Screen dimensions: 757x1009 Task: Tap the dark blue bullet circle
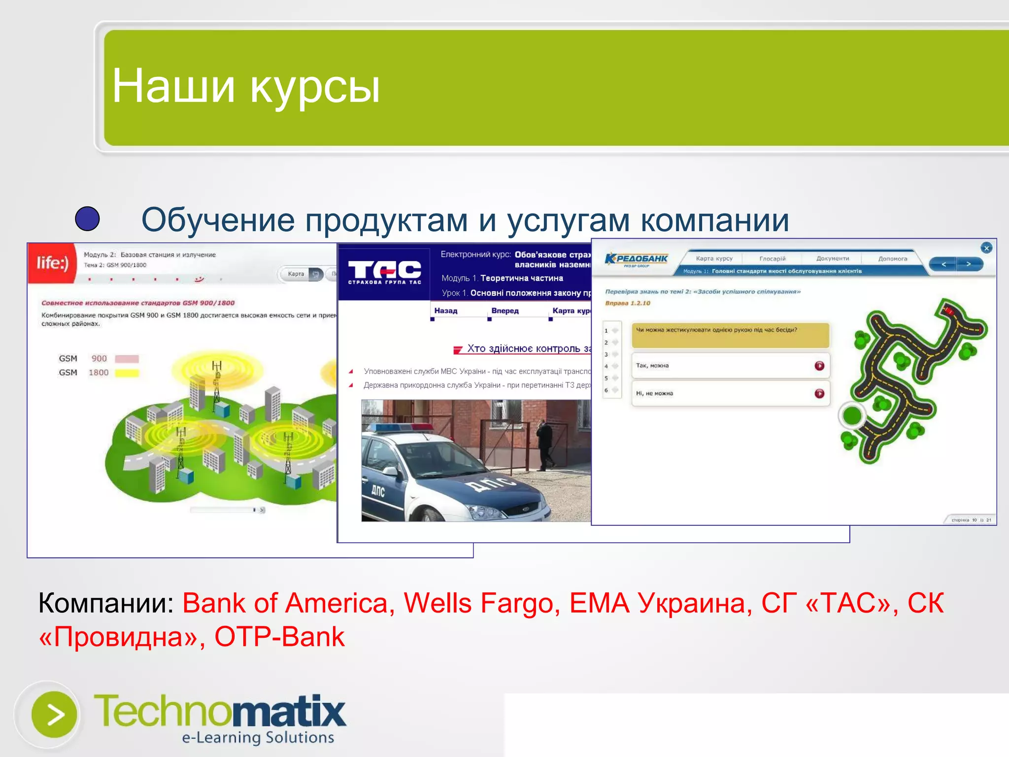87,219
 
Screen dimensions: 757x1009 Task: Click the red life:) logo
52,263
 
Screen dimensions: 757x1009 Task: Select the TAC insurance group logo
384,272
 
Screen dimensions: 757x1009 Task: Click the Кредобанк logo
636,259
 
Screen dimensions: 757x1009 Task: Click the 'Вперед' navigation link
504,311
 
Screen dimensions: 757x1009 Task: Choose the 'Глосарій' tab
772,258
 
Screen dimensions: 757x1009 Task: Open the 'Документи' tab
832,258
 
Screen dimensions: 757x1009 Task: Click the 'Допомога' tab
892,258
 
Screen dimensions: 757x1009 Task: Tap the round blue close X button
986,248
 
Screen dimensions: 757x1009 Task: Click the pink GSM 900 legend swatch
127,359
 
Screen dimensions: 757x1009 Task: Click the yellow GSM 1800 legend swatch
127,373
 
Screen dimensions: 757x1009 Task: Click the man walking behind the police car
546,443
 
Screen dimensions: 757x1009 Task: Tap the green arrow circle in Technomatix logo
54,714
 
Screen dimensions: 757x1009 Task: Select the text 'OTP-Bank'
279,637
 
